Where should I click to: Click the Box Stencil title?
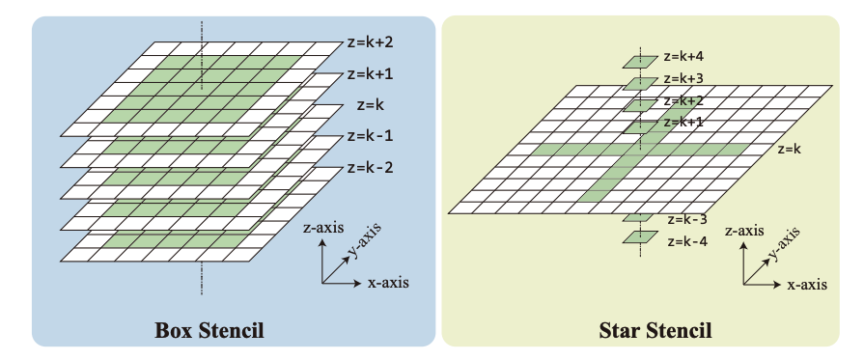(x=209, y=331)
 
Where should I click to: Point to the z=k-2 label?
(x=369, y=167)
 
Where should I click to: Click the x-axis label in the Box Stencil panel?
(x=388, y=283)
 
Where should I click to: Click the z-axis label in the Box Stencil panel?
(x=324, y=231)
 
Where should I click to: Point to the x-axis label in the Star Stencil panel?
(x=807, y=285)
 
